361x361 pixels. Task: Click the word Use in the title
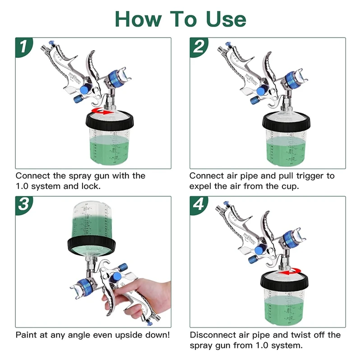click(226, 19)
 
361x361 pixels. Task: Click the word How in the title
click(138, 19)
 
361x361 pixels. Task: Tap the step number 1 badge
click(23, 47)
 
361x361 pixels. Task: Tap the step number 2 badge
click(199, 47)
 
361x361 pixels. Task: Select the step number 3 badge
click(23, 205)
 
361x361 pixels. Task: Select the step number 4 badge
click(199, 205)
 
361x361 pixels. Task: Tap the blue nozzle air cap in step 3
click(84, 287)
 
